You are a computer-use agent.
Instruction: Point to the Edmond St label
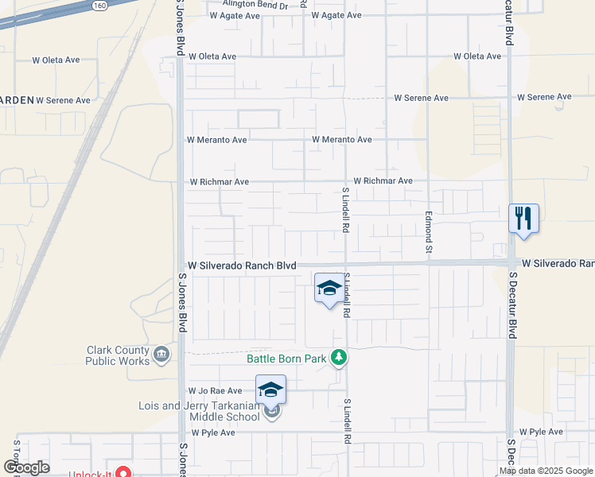[428, 232]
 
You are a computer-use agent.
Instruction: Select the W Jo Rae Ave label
[215, 391]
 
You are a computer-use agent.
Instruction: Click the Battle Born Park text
[286, 359]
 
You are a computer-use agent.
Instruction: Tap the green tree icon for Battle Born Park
[339, 358]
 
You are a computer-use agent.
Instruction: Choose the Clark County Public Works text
[118, 355]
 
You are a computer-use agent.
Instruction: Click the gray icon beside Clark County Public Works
[161, 354]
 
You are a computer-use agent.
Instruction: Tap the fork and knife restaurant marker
[523, 218]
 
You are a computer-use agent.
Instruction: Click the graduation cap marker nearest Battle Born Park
[329, 289]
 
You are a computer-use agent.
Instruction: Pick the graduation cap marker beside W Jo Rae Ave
[270, 389]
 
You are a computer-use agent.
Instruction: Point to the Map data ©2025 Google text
[545, 471]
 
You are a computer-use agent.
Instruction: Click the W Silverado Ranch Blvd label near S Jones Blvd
[242, 266]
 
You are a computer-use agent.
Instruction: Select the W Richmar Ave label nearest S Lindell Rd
[383, 181]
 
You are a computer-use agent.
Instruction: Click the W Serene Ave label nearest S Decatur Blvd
[544, 97]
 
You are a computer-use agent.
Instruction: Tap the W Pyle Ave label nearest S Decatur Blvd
[541, 432]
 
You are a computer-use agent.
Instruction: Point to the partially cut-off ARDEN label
[17, 99]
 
